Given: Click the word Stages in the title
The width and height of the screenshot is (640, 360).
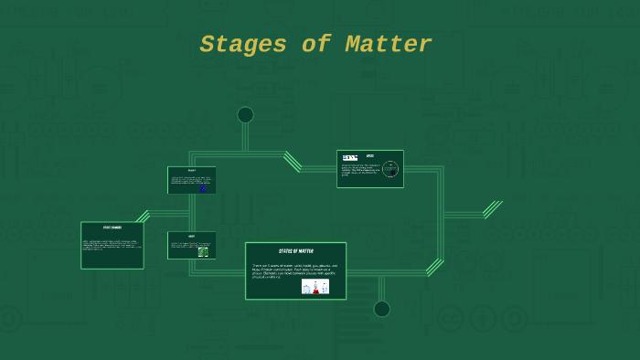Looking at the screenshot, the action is point(243,45).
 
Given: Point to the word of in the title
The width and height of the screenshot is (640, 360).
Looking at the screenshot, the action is point(315,45).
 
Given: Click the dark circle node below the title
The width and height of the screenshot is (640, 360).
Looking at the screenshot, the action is point(245,114).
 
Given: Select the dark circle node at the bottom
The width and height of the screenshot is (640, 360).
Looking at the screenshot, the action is point(382,309).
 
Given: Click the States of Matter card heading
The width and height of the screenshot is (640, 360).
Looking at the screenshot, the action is point(296,251).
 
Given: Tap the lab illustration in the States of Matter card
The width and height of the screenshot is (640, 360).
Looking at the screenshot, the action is point(315,286).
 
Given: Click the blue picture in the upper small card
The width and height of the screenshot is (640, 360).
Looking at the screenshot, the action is point(203,187).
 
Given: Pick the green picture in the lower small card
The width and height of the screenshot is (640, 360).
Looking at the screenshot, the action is point(203,251).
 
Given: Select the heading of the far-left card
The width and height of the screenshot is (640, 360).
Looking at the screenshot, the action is point(112,228).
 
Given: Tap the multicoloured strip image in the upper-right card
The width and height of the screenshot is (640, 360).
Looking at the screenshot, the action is point(349,158).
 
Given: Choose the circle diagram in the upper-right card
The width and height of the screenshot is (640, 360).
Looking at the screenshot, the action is point(390,169).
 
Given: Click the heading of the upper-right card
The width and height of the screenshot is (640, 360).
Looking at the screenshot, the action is point(370,155).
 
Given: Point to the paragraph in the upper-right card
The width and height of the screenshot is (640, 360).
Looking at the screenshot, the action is point(360,170).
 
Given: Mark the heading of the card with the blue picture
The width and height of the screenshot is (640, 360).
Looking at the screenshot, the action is point(192,171).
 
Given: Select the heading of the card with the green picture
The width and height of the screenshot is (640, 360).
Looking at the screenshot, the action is point(192,236).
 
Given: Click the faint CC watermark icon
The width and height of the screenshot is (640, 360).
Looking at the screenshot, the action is point(450,319).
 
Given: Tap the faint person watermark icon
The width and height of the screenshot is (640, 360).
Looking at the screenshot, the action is point(483,319).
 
